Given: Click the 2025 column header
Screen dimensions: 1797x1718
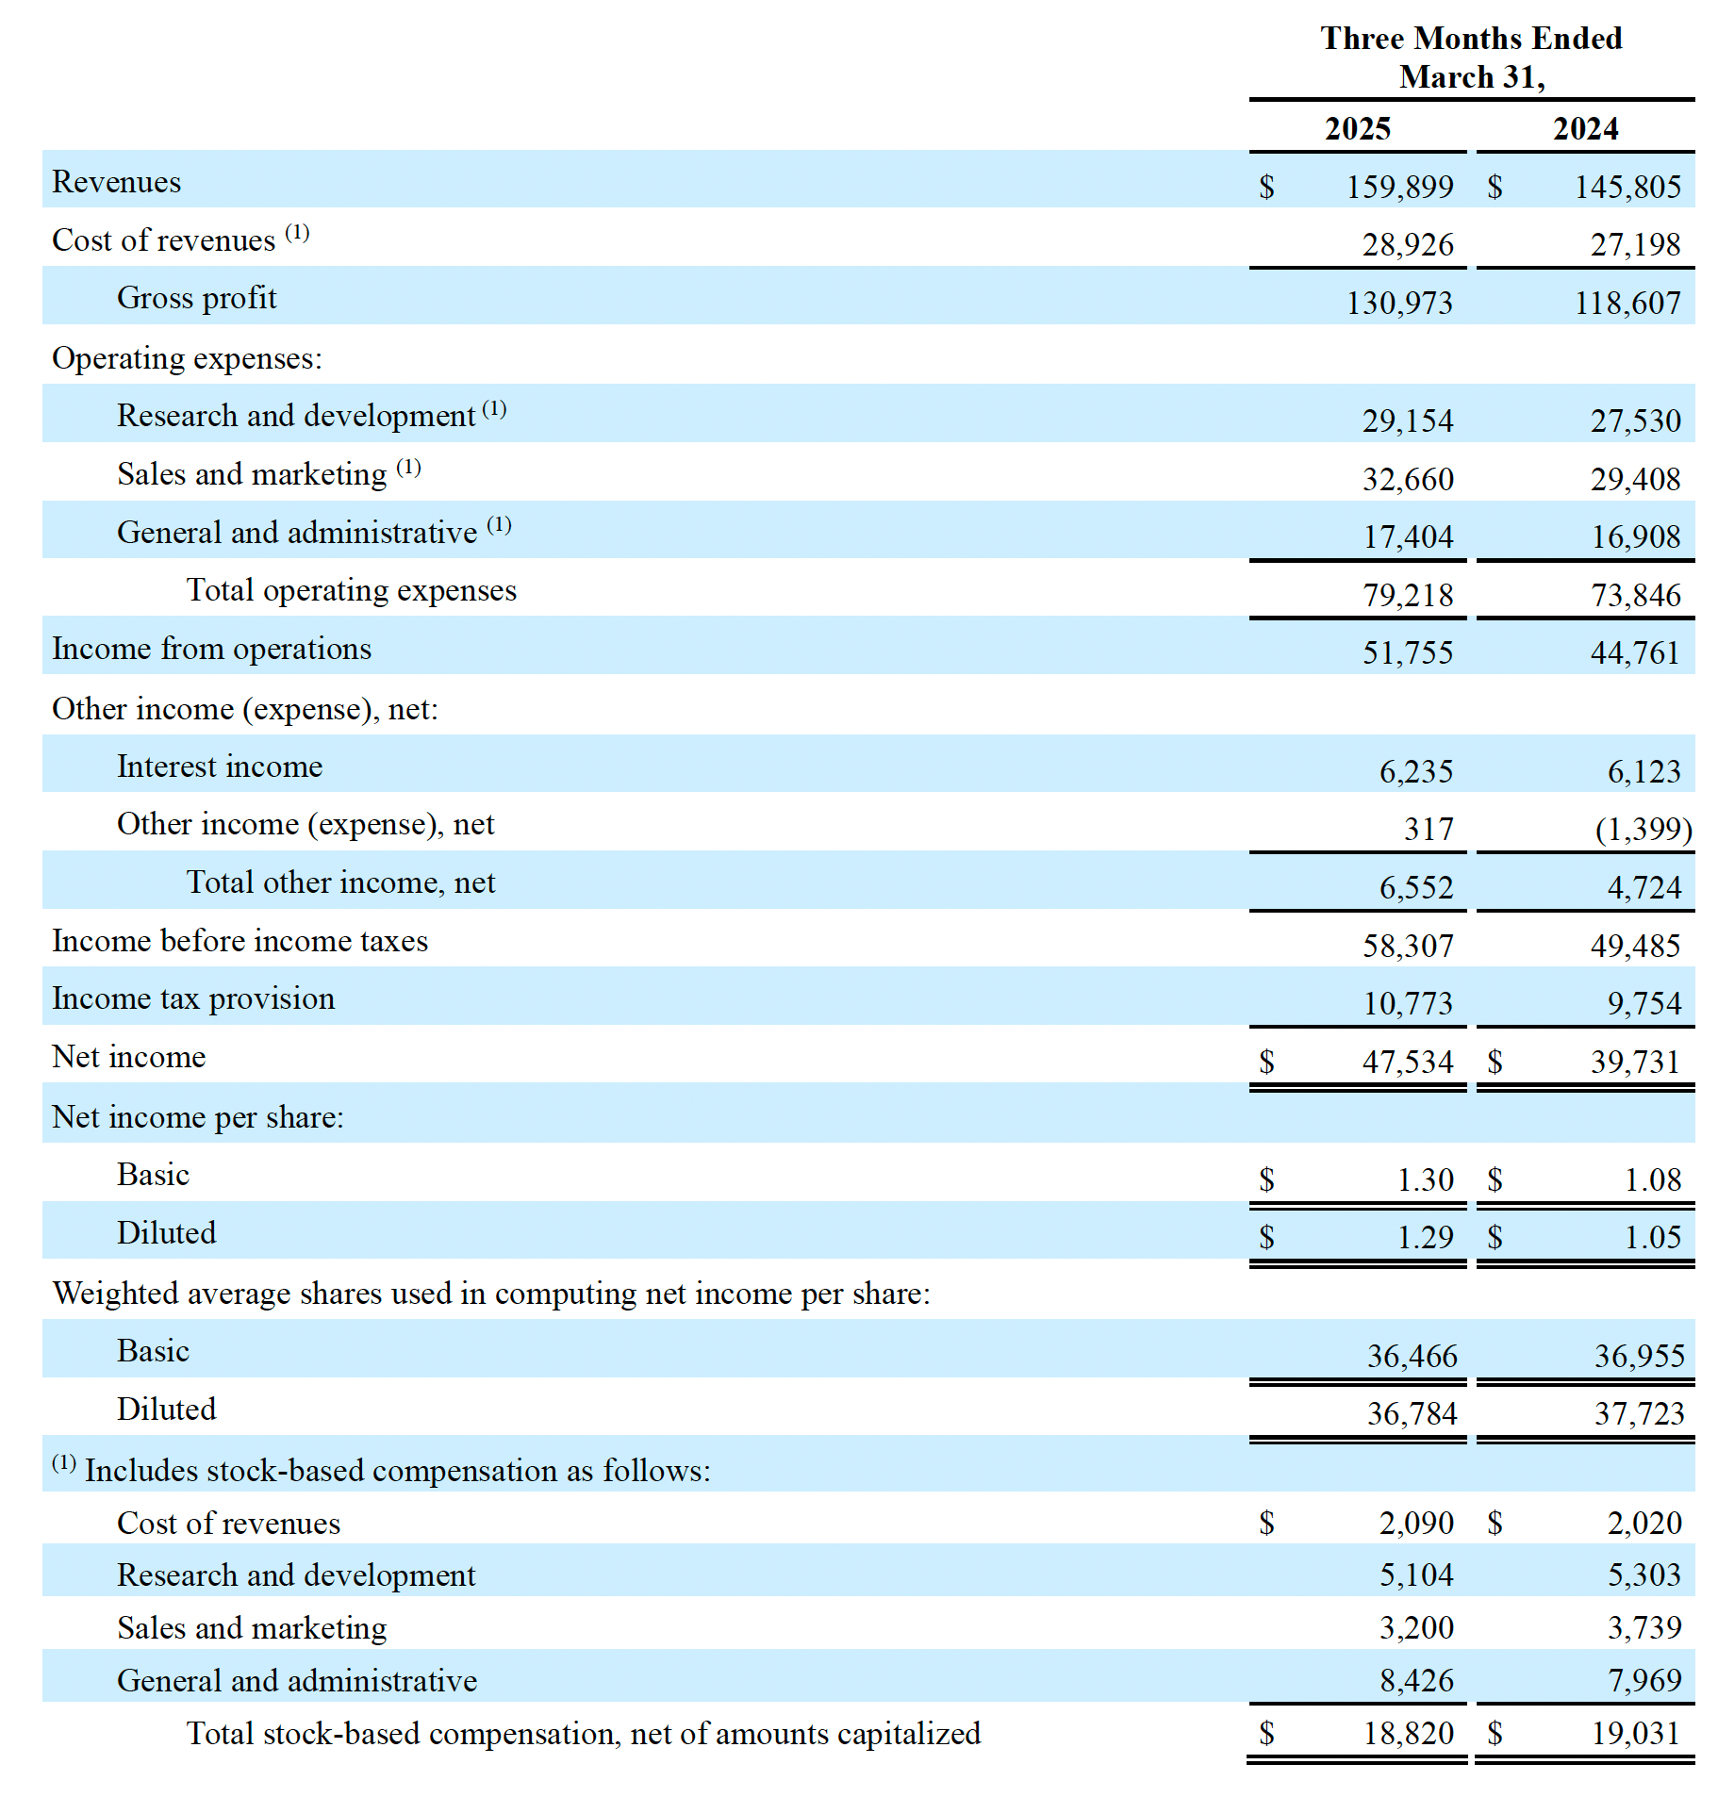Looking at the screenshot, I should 1357,128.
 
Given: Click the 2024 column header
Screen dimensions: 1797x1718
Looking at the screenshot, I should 1585,128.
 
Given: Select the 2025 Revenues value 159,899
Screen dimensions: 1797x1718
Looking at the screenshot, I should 1399,187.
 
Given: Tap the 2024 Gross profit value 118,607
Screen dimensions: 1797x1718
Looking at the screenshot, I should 1627,303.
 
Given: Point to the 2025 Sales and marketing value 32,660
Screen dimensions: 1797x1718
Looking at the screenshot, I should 1408,479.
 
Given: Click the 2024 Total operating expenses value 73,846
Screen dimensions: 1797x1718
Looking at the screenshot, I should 1635,595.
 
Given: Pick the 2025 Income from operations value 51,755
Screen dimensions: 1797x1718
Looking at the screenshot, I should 1408,652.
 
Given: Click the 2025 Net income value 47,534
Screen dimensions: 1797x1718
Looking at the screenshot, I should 1408,1062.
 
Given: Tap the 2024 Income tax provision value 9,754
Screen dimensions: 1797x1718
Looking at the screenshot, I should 1644,1003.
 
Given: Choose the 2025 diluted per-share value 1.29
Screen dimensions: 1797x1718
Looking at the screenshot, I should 1425,1237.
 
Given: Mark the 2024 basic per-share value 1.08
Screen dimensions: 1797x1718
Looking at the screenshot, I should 1652,1179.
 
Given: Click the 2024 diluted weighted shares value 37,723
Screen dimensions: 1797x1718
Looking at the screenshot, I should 1639,1413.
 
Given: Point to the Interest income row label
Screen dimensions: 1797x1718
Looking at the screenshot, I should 219,767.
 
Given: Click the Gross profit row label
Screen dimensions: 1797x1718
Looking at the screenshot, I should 196,298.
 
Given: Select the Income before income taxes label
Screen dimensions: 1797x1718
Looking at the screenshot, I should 240,941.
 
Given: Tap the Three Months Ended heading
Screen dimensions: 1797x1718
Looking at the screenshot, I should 1471,39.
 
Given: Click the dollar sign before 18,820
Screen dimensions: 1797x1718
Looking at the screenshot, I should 1266,1733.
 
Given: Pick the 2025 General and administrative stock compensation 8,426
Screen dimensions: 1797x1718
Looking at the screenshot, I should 1416,1680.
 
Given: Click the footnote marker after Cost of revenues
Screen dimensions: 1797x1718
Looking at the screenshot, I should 297,232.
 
